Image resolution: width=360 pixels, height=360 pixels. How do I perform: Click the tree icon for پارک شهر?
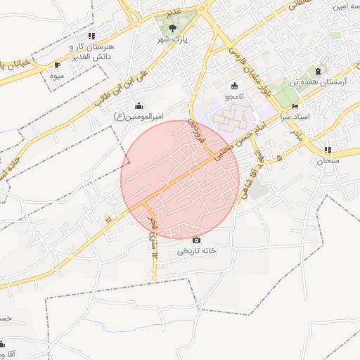pos(172,28)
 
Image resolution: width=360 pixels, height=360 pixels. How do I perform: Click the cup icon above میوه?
pos(57,65)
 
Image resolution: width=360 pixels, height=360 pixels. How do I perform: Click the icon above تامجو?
pos(234,85)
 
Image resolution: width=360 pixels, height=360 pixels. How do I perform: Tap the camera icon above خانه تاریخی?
pos(196,240)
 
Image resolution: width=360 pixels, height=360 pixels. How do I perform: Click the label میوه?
pos(57,75)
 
